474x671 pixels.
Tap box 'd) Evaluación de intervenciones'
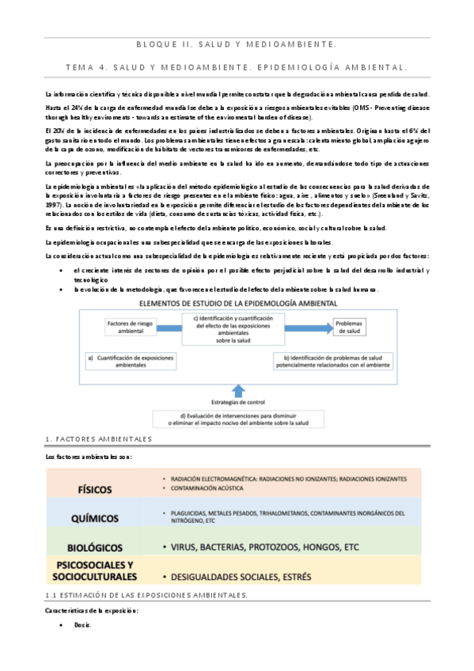[238, 419]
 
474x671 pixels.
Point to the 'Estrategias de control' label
[238, 401]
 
